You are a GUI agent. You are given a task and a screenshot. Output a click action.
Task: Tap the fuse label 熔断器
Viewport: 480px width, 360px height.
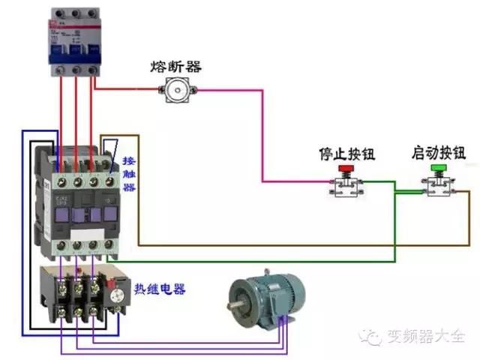[x=175, y=67]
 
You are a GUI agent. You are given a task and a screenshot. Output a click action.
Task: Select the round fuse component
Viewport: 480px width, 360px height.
[x=178, y=91]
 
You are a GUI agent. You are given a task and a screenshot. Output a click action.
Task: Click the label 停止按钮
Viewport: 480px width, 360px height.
[x=346, y=154]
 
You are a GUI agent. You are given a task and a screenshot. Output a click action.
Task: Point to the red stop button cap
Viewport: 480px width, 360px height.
[x=346, y=170]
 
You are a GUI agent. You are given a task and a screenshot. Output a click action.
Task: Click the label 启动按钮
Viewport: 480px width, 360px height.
[x=438, y=153]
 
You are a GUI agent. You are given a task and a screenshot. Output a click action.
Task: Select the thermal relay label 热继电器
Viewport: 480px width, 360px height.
[x=160, y=289]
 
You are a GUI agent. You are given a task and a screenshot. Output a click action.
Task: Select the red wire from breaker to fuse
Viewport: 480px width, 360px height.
[x=127, y=91]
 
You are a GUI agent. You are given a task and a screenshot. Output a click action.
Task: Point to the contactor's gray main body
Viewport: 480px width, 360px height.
[x=79, y=202]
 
